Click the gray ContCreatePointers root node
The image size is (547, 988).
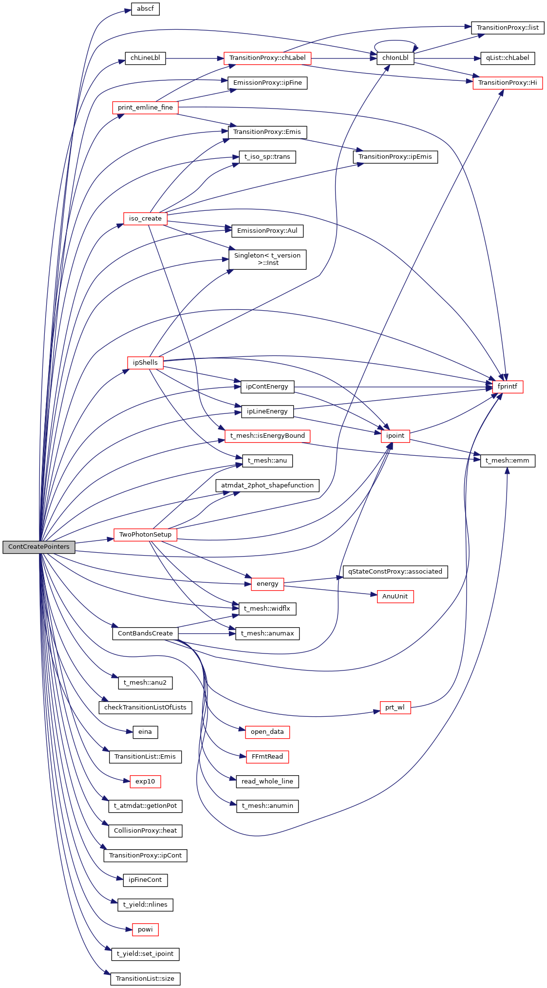(x=39, y=547)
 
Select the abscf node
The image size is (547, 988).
(x=145, y=9)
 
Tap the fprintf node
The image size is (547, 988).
(x=508, y=387)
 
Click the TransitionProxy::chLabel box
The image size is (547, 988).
(x=267, y=58)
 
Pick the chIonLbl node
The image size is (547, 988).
(x=395, y=58)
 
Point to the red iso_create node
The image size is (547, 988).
(x=145, y=219)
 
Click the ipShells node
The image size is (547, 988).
(x=145, y=363)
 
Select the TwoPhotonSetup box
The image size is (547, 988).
(x=145, y=535)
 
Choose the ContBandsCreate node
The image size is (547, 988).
(x=145, y=634)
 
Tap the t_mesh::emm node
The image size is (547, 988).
(x=508, y=461)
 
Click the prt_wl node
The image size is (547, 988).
(x=395, y=708)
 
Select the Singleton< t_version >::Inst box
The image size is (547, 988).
(x=267, y=259)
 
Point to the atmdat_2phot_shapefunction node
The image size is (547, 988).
(x=267, y=485)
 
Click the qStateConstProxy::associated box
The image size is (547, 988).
(x=395, y=572)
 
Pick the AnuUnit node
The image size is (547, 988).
(x=395, y=597)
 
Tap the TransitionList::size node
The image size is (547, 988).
(x=145, y=979)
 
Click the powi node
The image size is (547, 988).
(x=145, y=930)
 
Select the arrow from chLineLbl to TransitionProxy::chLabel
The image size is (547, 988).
(x=194, y=58)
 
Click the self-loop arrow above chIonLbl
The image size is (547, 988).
(x=395, y=41)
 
